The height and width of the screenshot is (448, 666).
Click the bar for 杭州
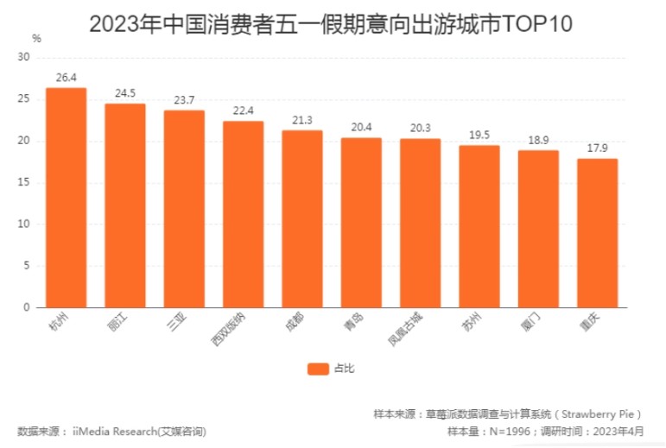tap(66, 198)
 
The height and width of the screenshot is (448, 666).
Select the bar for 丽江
tap(125, 205)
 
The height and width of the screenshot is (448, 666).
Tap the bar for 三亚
tap(184, 209)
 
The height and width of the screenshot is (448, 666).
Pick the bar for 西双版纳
tap(243, 214)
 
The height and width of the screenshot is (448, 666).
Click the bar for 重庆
tap(597, 233)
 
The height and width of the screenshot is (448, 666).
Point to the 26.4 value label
tap(66, 78)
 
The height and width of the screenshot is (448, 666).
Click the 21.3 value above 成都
tap(302, 121)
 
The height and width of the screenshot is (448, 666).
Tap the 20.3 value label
tap(420, 129)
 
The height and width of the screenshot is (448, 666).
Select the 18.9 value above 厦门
tap(538, 141)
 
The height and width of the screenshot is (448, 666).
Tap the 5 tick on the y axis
tap(27, 266)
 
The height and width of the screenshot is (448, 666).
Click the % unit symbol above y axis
tap(35, 38)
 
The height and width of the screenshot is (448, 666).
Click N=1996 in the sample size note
tap(504, 430)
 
